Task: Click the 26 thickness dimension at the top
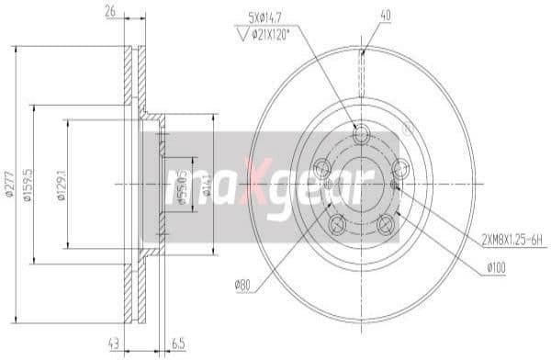(x=110, y=13)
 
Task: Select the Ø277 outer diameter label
(x=8, y=185)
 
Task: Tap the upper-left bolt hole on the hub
(x=321, y=168)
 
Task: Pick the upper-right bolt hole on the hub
(x=400, y=168)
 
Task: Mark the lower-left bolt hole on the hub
(x=336, y=223)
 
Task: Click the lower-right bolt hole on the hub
(x=386, y=223)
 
